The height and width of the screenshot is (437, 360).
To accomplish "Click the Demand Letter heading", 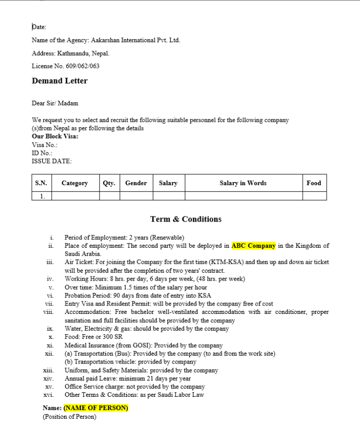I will pyautogui.click(x=59, y=81).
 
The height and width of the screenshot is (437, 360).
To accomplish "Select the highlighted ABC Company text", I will pyautogui.click(x=253, y=246).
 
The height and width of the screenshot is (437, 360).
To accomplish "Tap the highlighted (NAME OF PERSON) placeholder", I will pyautogui.click(x=96, y=408).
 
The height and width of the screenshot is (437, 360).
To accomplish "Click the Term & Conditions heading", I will pyautogui.click(x=186, y=219).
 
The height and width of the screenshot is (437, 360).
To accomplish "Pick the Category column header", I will pyautogui.click(x=75, y=183).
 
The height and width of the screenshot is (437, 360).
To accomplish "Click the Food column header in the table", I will pyautogui.click(x=314, y=183).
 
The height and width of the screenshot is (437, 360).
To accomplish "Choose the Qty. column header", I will pyautogui.click(x=109, y=183).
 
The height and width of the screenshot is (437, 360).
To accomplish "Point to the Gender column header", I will pyautogui.click(x=136, y=183).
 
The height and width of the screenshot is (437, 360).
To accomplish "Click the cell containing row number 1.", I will pyautogui.click(x=42, y=197).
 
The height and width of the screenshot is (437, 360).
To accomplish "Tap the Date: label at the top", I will pyautogui.click(x=39, y=27).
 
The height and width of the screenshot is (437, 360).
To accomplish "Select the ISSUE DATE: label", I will pyautogui.click(x=52, y=161).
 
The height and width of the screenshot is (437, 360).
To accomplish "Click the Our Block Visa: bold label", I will pyautogui.click(x=55, y=136).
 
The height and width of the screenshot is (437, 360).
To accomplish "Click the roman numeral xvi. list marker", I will pyautogui.click(x=50, y=395).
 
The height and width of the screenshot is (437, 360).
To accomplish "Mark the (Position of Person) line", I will pyautogui.click(x=69, y=417).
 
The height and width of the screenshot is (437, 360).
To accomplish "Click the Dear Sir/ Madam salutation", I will pyautogui.click(x=55, y=103).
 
